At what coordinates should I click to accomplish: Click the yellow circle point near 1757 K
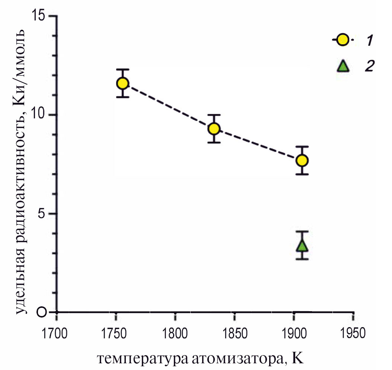(x=123, y=83)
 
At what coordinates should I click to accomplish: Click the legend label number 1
(x=369, y=40)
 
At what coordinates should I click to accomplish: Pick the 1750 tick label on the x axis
(x=115, y=332)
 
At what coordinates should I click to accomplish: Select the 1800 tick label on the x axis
(x=175, y=332)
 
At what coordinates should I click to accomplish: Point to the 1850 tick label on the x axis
(x=234, y=332)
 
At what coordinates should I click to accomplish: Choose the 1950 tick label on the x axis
(x=353, y=332)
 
